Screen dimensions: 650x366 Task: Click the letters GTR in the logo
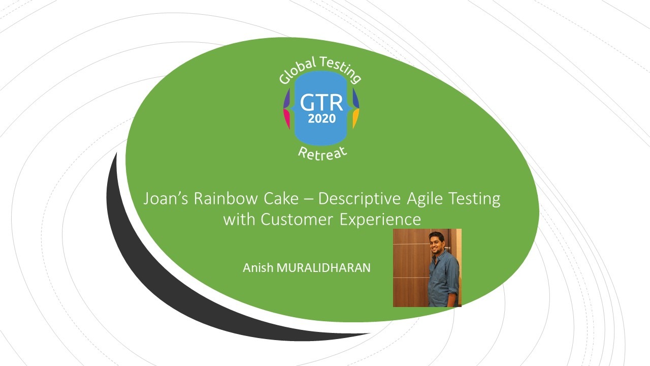pyautogui.click(x=321, y=103)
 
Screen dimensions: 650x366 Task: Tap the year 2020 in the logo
pyautogui.click(x=322, y=118)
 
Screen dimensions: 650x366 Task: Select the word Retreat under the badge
pyautogui.click(x=322, y=154)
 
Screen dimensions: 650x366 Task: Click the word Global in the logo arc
pyautogui.click(x=297, y=71)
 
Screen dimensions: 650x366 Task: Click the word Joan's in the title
pyautogui.click(x=166, y=198)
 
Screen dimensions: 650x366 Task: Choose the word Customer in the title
pyautogui.click(x=297, y=219)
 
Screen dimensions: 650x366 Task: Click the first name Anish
pyautogui.click(x=258, y=267)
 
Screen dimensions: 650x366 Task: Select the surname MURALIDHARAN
pyautogui.click(x=323, y=267)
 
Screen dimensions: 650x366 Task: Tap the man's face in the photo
pyautogui.click(x=436, y=243)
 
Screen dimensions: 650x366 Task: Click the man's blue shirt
pyautogui.click(x=443, y=279)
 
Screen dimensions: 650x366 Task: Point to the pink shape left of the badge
pyautogui.click(x=286, y=118)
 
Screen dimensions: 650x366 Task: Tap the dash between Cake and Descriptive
pyautogui.click(x=308, y=200)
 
